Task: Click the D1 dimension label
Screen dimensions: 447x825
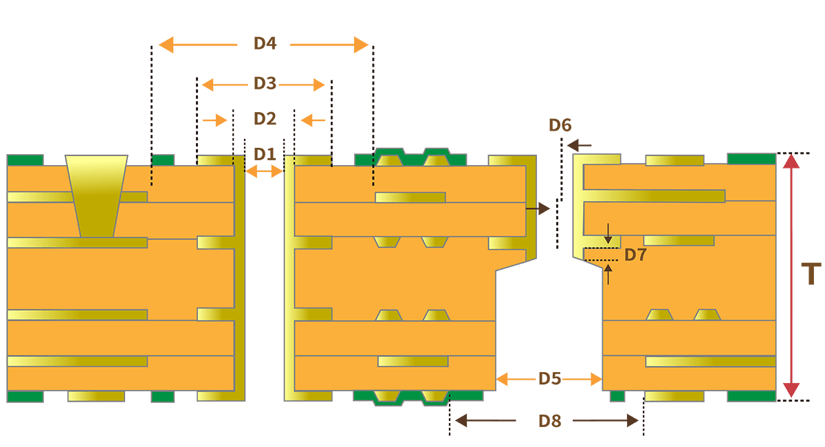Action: click(265, 153)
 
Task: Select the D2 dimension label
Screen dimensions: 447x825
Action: click(265, 119)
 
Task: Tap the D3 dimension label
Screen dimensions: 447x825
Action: click(265, 84)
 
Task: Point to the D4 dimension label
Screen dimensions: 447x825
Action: click(265, 43)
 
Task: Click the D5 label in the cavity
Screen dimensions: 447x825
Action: click(549, 379)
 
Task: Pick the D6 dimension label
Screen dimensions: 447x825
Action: click(560, 125)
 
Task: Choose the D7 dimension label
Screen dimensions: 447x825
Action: click(636, 255)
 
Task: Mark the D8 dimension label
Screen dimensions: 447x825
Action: click(549, 421)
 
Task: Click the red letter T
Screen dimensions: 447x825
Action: click(812, 274)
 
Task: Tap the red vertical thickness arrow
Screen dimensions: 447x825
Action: click(792, 275)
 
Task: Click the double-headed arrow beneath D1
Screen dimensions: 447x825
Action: click(265, 172)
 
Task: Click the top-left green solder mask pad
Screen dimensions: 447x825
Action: click(25, 160)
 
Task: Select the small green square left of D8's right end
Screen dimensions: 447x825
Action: click(617, 396)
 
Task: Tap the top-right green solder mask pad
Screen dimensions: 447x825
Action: click(751, 159)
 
